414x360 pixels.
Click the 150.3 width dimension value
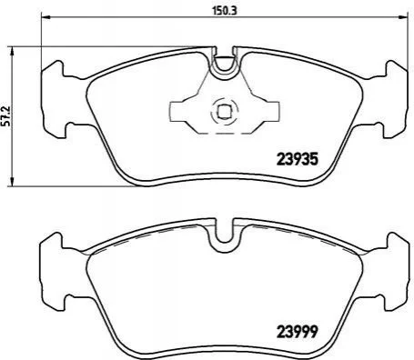(x=224, y=11)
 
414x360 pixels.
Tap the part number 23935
(x=297, y=159)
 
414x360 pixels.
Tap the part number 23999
(x=297, y=332)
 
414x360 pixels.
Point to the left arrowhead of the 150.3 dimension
(x=45, y=17)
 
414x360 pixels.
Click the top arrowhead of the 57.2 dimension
(x=12, y=52)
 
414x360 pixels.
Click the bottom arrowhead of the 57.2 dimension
(x=12, y=182)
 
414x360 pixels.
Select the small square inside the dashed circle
(x=225, y=111)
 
